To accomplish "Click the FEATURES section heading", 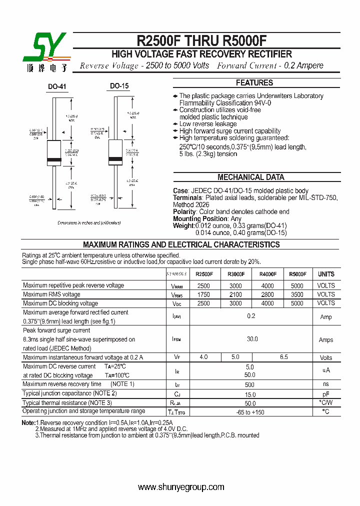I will pyautogui.click(x=254, y=83).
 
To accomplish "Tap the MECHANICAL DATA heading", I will pyautogui.click(x=251, y=177).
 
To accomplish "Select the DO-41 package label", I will pyautogui.click(x=57, y=87).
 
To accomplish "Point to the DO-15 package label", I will pyautogui.click(x=119, y=86).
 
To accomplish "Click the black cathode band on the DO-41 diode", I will pyautogui.click(x=54, y=160).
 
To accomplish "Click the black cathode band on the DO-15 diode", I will pyautogui.click(x=115, y=159).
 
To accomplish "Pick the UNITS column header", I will pyautogui.click(x=326, y=274).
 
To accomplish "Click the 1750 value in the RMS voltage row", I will pyautogui.click(x=203, y=294).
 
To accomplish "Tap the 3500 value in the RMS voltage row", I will pyautogui.click(x=297, y=294).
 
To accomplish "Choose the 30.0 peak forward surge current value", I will pyautogui.click(x=252, y=339).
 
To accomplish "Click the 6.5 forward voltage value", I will pyautogui.click(x=284, y=357).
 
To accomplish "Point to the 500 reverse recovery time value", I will pyautogui.click(x=249, y=384).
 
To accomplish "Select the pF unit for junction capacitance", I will pyautogui.click(x=326, y=393).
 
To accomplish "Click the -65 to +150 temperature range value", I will pyautogui.click(x=250, y=412).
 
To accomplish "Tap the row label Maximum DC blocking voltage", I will pyautogui.click(x=60, y=303).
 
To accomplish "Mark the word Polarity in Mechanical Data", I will pyautogui.click(x=184, y=212).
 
